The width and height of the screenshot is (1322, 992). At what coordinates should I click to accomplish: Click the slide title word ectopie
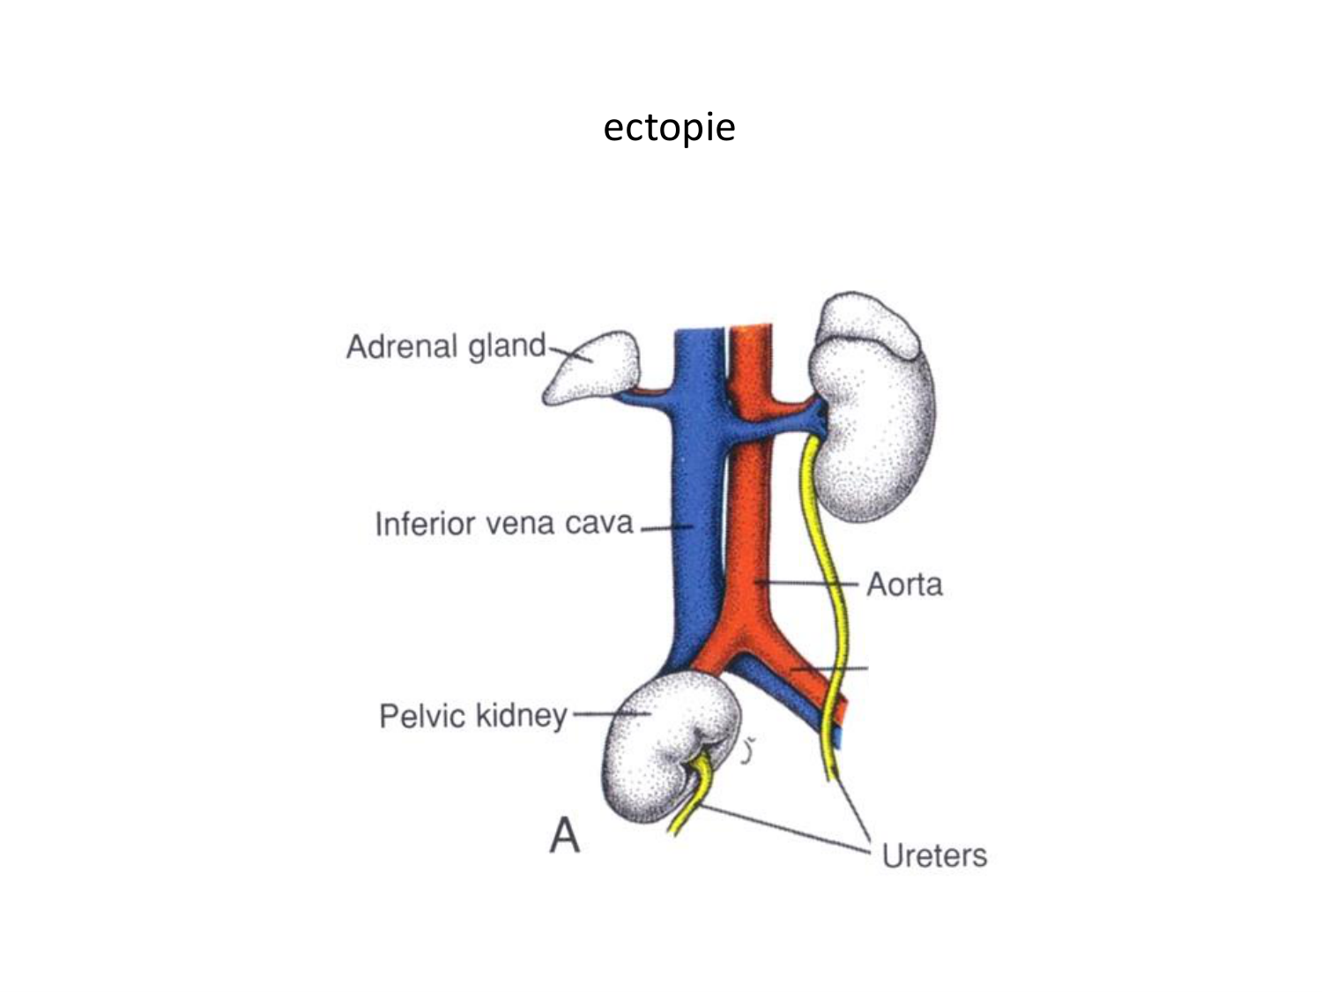coord(669,128)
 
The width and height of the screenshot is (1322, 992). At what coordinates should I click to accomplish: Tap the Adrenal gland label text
coord(446,347)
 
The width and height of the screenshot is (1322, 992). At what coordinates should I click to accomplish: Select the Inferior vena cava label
coord(504,524)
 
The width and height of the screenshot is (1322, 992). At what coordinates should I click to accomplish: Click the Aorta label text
coord(903,585)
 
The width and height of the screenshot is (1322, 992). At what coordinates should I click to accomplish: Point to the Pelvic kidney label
coord(473,715)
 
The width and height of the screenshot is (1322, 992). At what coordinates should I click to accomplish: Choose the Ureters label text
coord(934,855)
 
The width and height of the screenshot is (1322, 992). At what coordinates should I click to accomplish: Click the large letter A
coord(565,835)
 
